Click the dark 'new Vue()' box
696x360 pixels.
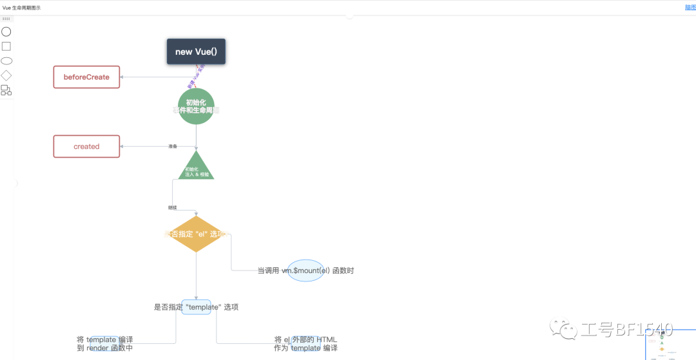196,52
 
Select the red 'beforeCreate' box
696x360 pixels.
86,77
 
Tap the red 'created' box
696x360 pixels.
86,146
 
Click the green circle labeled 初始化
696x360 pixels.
196,106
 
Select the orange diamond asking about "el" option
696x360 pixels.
196,234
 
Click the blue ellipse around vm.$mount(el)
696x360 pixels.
305,270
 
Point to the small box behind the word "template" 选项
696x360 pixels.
196,307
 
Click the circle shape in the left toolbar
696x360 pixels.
6,32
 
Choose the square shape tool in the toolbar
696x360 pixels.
6,46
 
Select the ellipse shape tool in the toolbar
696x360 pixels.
6,61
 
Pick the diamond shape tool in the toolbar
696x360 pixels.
6,75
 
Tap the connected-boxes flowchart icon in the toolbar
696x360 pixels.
6,90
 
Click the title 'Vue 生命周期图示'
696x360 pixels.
21,8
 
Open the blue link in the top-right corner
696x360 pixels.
690,8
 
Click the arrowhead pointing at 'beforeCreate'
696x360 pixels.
122,77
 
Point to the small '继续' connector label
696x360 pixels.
172,207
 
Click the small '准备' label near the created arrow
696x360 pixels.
173,146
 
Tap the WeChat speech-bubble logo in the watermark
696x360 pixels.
568,330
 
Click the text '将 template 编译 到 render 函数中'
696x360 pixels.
104,344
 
